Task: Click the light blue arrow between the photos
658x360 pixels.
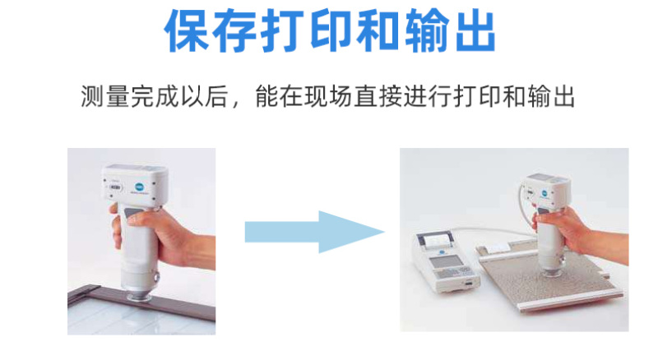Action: (x=315, y=232)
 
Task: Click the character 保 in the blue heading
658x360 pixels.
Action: (x=188, y=30)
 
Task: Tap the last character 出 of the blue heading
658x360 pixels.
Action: (x=475, y=30)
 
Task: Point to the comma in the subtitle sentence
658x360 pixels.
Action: (x=236, y=104)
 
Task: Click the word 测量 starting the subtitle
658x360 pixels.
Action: (x=105, y=96)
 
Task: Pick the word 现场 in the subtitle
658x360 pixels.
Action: (x=328, y=96)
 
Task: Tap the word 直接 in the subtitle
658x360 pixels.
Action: (x=378, y=96)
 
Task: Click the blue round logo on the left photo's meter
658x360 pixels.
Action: (x=139, y=187)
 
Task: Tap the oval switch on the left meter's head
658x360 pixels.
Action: (x=115, y=187)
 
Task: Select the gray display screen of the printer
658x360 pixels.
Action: (x=444, y=262)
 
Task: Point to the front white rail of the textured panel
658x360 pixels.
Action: (x=571, y=302)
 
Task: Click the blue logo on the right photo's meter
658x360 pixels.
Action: (x=544, y=193)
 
